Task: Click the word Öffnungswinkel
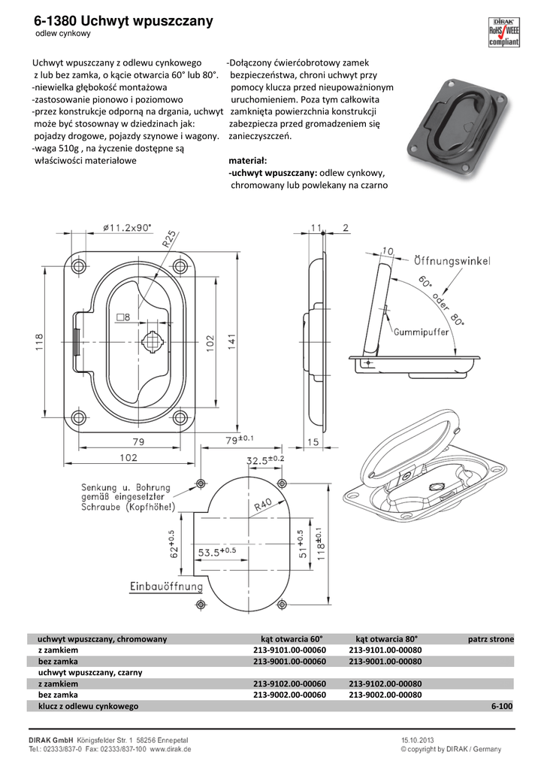(x=452, y=261)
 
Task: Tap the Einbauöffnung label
(x=165, y=586)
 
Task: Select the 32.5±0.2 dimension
(x=265, y=459)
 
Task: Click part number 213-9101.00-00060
(x=289, y=650)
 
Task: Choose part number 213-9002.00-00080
(x=385, y=695)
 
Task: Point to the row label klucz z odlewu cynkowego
(x=89, y=707)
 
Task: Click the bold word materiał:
(x=248, y=161)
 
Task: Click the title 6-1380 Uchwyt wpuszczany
(x=124, y=22)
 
